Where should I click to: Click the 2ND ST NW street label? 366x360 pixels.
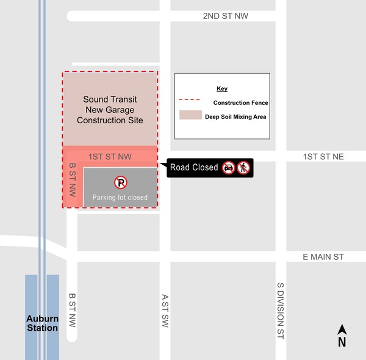pyautogui.click(x=226, y=16)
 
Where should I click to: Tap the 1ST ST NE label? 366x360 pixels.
pyautogui.click(x=323, y=157)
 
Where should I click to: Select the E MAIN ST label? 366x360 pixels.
pyautogui.click(x=323, y=257)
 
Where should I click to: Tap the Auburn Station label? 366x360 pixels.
pyautogui.click(x=42, y=323)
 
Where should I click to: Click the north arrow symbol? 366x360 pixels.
pyautogui.click(x=342, y=336)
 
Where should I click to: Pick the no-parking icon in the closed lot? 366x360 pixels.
pyautogui.click(x=121, y=182)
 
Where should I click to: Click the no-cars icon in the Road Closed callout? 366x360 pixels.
pyautogui.click(x=229, y=167)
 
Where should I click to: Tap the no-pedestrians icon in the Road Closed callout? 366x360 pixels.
pyautogui.click(x=243, y=167)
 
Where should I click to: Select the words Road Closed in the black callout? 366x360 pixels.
pyautogui.click(x=194, y=167)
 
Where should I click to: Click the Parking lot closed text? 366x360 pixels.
pyautogui.click(x=120, y=197)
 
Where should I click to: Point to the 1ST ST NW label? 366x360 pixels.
pyautogui.click(x=110, y=157)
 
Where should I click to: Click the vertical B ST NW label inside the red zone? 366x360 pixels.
pyautogui.click(x=72, y=179)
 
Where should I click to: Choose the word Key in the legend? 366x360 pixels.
pyautogui.click(x=222, y=89)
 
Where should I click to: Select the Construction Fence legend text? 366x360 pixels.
pyautogui.click(x=240, y=103)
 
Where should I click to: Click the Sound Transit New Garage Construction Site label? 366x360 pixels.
pyautogui.click(x=110, y=110)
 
